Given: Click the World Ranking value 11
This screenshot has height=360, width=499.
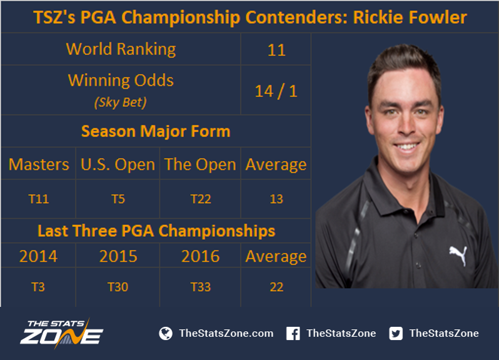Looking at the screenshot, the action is [276, 50].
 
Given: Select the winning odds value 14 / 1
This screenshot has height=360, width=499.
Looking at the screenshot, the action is [276, 91].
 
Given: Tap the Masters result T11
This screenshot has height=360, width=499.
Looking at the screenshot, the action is [39, 199].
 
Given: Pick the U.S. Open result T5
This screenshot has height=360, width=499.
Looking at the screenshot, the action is [118, 199].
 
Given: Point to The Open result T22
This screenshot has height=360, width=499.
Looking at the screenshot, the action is [201, 199].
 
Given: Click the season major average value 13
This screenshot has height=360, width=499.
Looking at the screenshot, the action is [276, 199].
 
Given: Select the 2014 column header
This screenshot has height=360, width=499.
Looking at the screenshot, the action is [38, 256].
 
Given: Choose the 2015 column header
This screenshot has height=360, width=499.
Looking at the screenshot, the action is [118, 256].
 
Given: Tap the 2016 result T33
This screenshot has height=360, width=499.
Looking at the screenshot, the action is [201, 287].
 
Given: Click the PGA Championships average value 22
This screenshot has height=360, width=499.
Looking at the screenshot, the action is [276, 287].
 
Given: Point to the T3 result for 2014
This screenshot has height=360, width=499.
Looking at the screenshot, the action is [38, 287].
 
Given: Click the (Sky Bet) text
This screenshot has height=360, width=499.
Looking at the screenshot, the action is [120, 102].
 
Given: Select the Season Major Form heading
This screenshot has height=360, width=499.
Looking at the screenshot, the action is [156, 131].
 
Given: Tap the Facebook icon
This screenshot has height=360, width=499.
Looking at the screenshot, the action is [293, 333].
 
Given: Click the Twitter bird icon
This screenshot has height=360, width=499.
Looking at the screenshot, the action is [396, 333].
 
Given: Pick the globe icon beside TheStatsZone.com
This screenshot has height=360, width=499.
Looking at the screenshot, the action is [166, 333].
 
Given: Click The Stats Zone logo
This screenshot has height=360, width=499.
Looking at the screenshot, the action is [62, 332].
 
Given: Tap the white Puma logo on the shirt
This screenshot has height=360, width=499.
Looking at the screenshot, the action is [458, 255].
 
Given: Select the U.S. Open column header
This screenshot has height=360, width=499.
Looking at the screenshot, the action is [118, 165].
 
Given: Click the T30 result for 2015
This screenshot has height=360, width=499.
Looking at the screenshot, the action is [118, 287].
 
